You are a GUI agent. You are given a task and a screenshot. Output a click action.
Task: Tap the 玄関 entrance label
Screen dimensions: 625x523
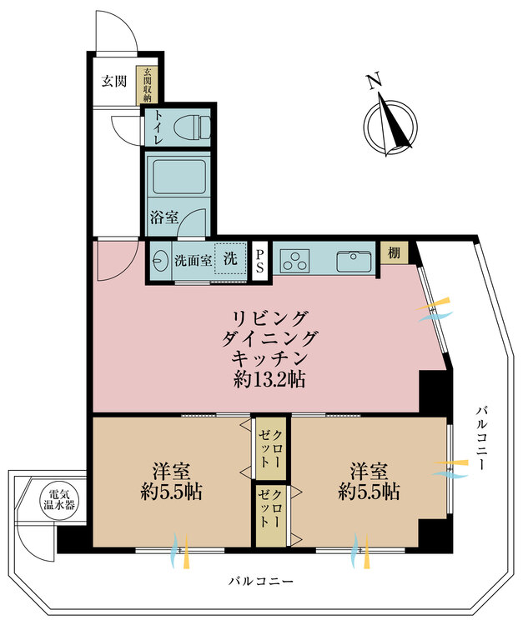(114, 82)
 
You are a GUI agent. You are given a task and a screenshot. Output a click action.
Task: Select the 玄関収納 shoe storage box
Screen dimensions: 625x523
(148, 85)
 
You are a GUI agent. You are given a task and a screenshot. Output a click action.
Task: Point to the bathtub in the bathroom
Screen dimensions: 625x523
(177, 177)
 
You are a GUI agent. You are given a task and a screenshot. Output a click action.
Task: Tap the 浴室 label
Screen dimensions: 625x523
(163, 217)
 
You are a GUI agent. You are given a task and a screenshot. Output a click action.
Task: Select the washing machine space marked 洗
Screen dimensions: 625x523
(230, 258)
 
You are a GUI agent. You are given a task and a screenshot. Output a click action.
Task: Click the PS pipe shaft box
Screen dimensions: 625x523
(260, 260)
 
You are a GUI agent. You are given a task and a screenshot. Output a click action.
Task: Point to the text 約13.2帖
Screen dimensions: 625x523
(268, 381)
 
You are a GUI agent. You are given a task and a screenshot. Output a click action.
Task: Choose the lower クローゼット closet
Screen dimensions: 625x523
(270, 515)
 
